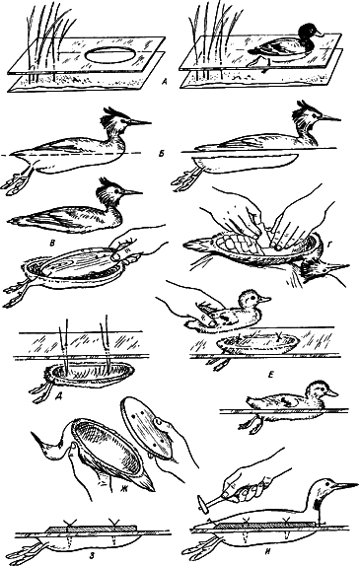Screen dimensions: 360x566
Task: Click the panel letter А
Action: click(165, 84)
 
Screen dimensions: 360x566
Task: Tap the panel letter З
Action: click(93, 555)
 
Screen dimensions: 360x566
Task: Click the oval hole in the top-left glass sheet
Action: click(112, 57)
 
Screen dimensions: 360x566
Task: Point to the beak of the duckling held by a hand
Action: click(265, 299)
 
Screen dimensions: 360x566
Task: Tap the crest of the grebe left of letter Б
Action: click(111, 116)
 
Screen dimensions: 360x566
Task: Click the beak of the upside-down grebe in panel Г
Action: click(337, 267)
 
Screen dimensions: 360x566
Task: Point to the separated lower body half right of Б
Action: click(246, 164)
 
